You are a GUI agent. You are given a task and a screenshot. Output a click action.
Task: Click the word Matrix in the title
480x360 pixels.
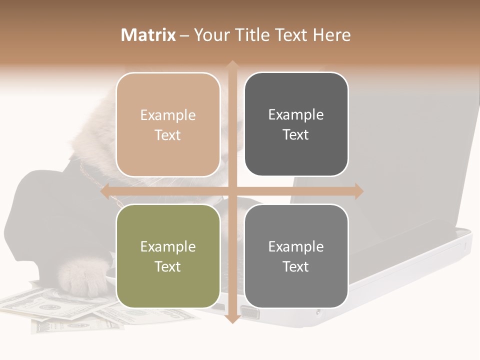148,35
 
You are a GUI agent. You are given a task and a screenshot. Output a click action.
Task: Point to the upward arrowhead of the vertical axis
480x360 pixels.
232,65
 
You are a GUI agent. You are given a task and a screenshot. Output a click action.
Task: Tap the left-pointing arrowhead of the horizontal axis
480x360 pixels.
105,191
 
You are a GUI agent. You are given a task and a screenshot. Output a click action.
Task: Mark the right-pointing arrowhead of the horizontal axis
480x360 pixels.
358,191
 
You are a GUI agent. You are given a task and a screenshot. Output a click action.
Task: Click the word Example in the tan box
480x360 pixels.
168,115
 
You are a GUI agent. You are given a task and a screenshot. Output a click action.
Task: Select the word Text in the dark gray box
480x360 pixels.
296,135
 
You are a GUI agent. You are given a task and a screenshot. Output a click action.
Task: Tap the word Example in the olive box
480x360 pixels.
168,247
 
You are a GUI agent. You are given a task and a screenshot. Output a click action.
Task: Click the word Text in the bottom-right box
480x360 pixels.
296,267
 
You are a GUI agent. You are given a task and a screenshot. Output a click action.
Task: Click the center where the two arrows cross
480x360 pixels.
232,191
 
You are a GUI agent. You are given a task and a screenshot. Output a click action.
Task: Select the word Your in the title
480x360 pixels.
211,35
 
